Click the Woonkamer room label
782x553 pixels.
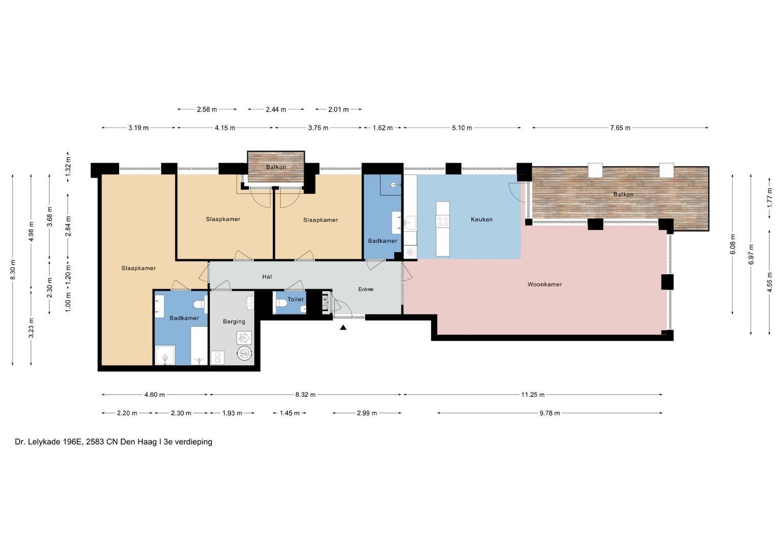pyautogui.click(x=544, y=285)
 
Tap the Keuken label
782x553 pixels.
pyautogui.click(x=482, y=220)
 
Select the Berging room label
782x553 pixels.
pyautogui.click(x=234, y=322)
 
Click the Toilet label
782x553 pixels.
pyautogui.click(x=295, y=299)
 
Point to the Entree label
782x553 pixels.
pyautogui.click(x=366, y=289)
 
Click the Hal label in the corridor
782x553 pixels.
pyautogui.click(x=267, y=277)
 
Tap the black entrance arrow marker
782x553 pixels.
pyautogui.click(x=343, y=328)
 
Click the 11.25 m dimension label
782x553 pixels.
pyautogui.click(x=533, y=395)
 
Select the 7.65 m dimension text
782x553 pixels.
pyautogui.click(x=620, y=128)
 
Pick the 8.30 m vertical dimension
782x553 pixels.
pyautogui.click(x=13, y=270)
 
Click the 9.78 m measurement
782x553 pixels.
pyautogui.click(x=550, y=413)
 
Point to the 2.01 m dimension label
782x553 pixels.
pyautogui.click(x=339, y=110)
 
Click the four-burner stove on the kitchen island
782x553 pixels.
pyautogui.click(x=442, y=221)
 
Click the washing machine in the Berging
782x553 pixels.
pyautogui.click(x=218, y=358)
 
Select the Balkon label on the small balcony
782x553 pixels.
pyautogui.click(x=276, y=167)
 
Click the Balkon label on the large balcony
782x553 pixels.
pyautogui.click(x=624, y=195)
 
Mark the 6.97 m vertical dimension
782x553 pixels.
pyautogui.click(x=751, y=254)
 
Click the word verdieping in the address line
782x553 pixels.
pyautogui.click(x=194, y=442)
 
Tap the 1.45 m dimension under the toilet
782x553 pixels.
pyautogui.click(x=289, y=413)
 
